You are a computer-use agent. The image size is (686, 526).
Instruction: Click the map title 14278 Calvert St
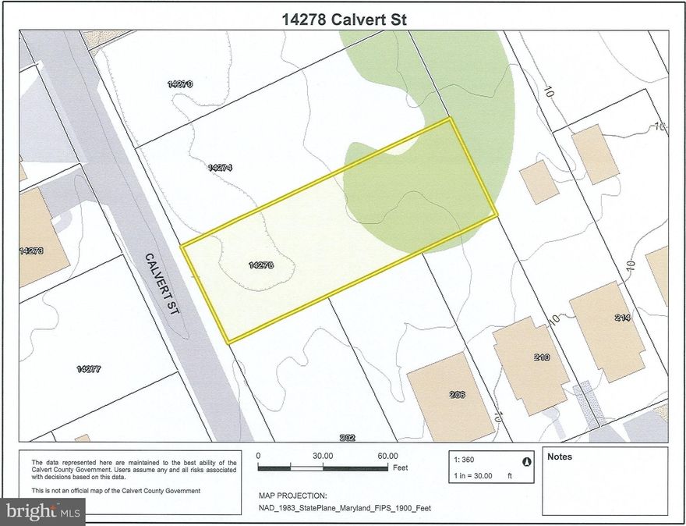click(x=343, y=17)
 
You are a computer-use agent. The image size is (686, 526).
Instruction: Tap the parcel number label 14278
click(x=260, y=265)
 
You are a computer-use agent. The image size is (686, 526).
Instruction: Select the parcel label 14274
click(x=221, y=167)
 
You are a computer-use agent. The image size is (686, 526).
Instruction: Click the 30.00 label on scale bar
click(x=323, y=456)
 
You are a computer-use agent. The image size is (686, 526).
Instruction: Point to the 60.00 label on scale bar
click(x=387, y=456)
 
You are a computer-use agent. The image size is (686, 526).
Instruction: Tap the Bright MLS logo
click(x=43, y=511)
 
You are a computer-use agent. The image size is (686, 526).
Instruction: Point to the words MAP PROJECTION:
click(x=292, y=496)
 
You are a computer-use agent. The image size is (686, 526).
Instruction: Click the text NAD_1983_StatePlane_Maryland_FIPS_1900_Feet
click(x=345, y=508)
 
